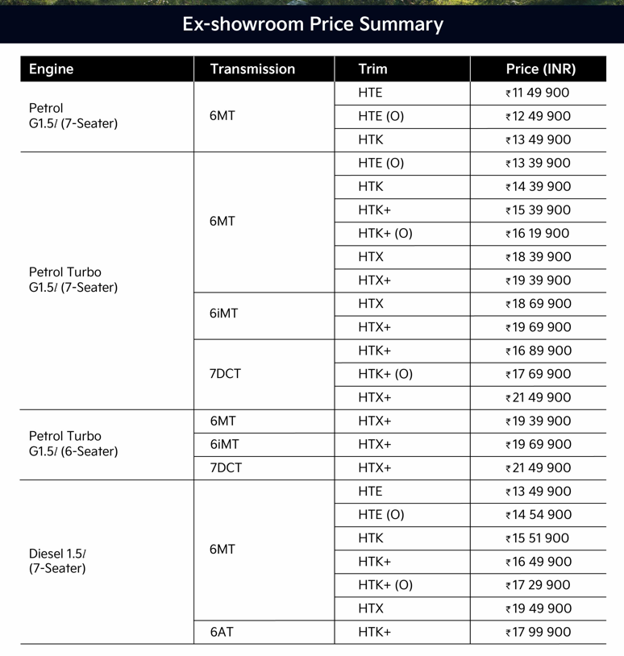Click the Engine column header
click(x=51, y=69)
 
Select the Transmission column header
click(x=252, y=69)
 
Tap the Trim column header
click(x=372, y=69)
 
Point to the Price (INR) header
click(x=541, y=69)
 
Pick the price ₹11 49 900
click(x=538, y=93)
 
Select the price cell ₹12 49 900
click(x=538, y=116)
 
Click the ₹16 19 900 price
click(x=538, y=234)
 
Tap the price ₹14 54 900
click(x=538, y=515)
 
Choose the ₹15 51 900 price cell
click(x=538, y=538)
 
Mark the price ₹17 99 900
click(x=538, y=632)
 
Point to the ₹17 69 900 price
click(x=538, y=374)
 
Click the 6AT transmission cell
click(x=221, y=632)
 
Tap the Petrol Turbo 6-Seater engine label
click(x=73, y=444)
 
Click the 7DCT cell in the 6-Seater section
click(x=225, y=467)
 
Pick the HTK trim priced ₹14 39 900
click(x=371, y=186)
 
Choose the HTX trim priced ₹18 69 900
click(x=371, y=304)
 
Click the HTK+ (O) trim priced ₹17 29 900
click(x=385, y=585)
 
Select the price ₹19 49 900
click(x=538, y=608)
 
